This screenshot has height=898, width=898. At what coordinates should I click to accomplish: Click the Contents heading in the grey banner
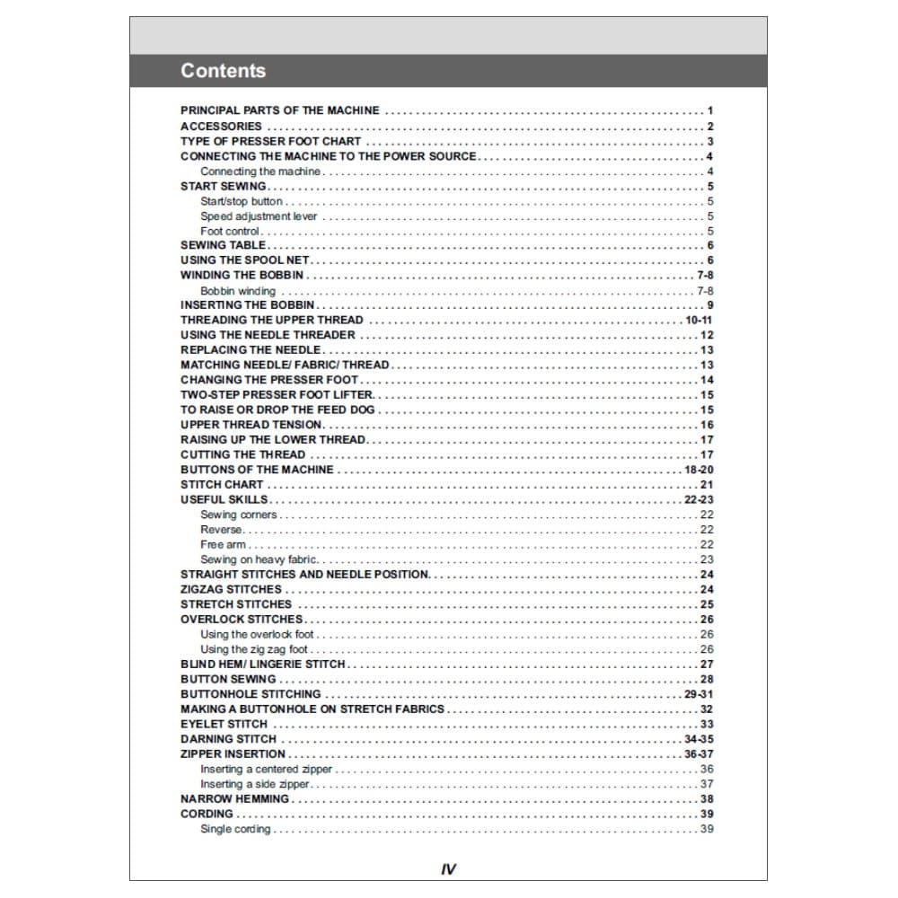coord(223,71)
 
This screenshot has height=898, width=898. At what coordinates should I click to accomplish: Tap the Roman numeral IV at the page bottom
coord(449,869)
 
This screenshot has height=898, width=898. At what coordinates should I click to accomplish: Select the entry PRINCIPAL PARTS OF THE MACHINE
coord(280,110)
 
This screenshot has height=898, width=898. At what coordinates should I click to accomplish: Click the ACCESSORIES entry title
coord(221,127)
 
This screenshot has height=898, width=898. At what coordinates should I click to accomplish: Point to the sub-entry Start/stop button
coord(242,201)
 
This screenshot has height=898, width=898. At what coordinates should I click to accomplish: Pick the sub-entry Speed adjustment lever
coord(259,216)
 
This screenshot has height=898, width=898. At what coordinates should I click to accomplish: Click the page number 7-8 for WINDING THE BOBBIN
coord(705,276)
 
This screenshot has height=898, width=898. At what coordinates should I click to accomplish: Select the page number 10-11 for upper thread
coord(699,321)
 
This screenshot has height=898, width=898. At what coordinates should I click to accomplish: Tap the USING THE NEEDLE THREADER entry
coord(268,335)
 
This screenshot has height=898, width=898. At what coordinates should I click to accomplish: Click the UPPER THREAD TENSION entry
coord(251,425)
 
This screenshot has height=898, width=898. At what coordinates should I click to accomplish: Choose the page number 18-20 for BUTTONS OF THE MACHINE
coord(699,470)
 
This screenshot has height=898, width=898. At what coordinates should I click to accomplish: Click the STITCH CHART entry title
coord(222,485)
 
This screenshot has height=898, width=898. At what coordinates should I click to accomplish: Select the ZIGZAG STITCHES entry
coord(231,590)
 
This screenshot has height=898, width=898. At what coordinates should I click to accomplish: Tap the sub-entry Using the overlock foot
coord(257,635)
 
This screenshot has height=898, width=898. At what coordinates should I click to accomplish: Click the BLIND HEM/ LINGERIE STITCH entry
coord(263,665)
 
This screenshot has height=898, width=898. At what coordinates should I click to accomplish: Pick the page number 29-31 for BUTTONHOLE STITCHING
coord(699,694)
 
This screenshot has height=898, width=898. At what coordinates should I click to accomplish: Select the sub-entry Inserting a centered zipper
coord(266,770)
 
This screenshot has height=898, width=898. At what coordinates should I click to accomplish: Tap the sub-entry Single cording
coord(235,829)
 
